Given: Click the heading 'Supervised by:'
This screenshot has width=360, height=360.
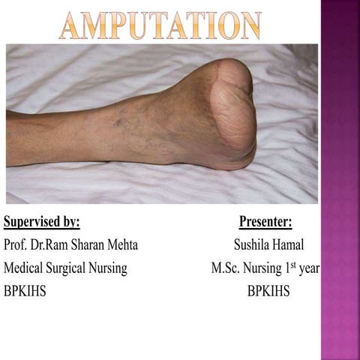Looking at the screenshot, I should click(x=42, y=222).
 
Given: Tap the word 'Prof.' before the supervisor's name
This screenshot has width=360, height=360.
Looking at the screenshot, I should click(x=16, y=245).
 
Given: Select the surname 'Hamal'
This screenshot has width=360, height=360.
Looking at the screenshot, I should click(x=289, y=245).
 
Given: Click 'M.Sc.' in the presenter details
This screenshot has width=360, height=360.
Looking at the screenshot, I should click(x=226, y=268).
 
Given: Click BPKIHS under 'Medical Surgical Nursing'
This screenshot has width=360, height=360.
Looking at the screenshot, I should click(x=25, y=290).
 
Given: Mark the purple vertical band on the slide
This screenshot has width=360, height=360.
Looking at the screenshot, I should click(x=340, y=180).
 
